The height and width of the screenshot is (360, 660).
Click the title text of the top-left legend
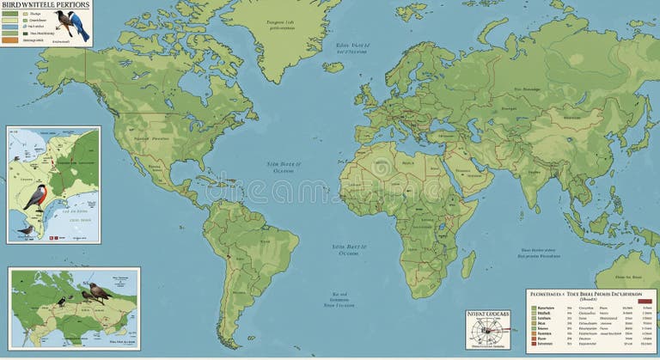[45, 5]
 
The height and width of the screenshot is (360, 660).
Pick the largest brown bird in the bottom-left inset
[99, 293]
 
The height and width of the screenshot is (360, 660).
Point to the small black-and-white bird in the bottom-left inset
[62, 302]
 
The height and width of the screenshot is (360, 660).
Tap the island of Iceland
[333, 66]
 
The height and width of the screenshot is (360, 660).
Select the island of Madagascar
[468, 263]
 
